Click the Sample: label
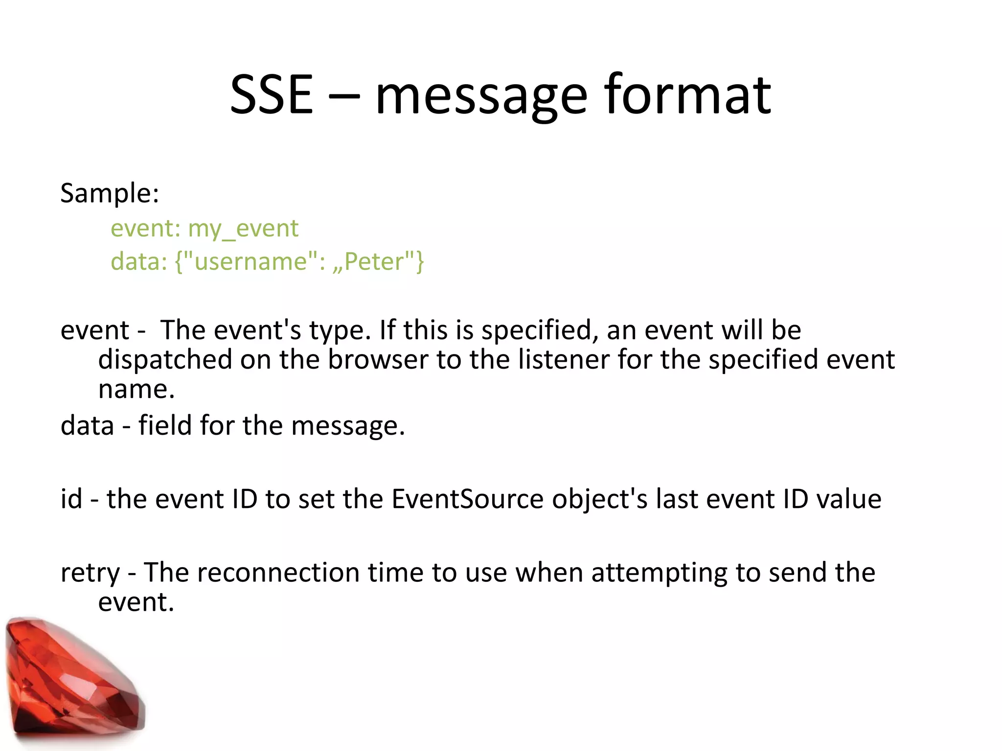coord(110,194)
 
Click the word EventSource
coord(467,499)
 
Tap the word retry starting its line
coord(90,573)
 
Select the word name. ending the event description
coord(136,390)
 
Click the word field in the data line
coord(164,425)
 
